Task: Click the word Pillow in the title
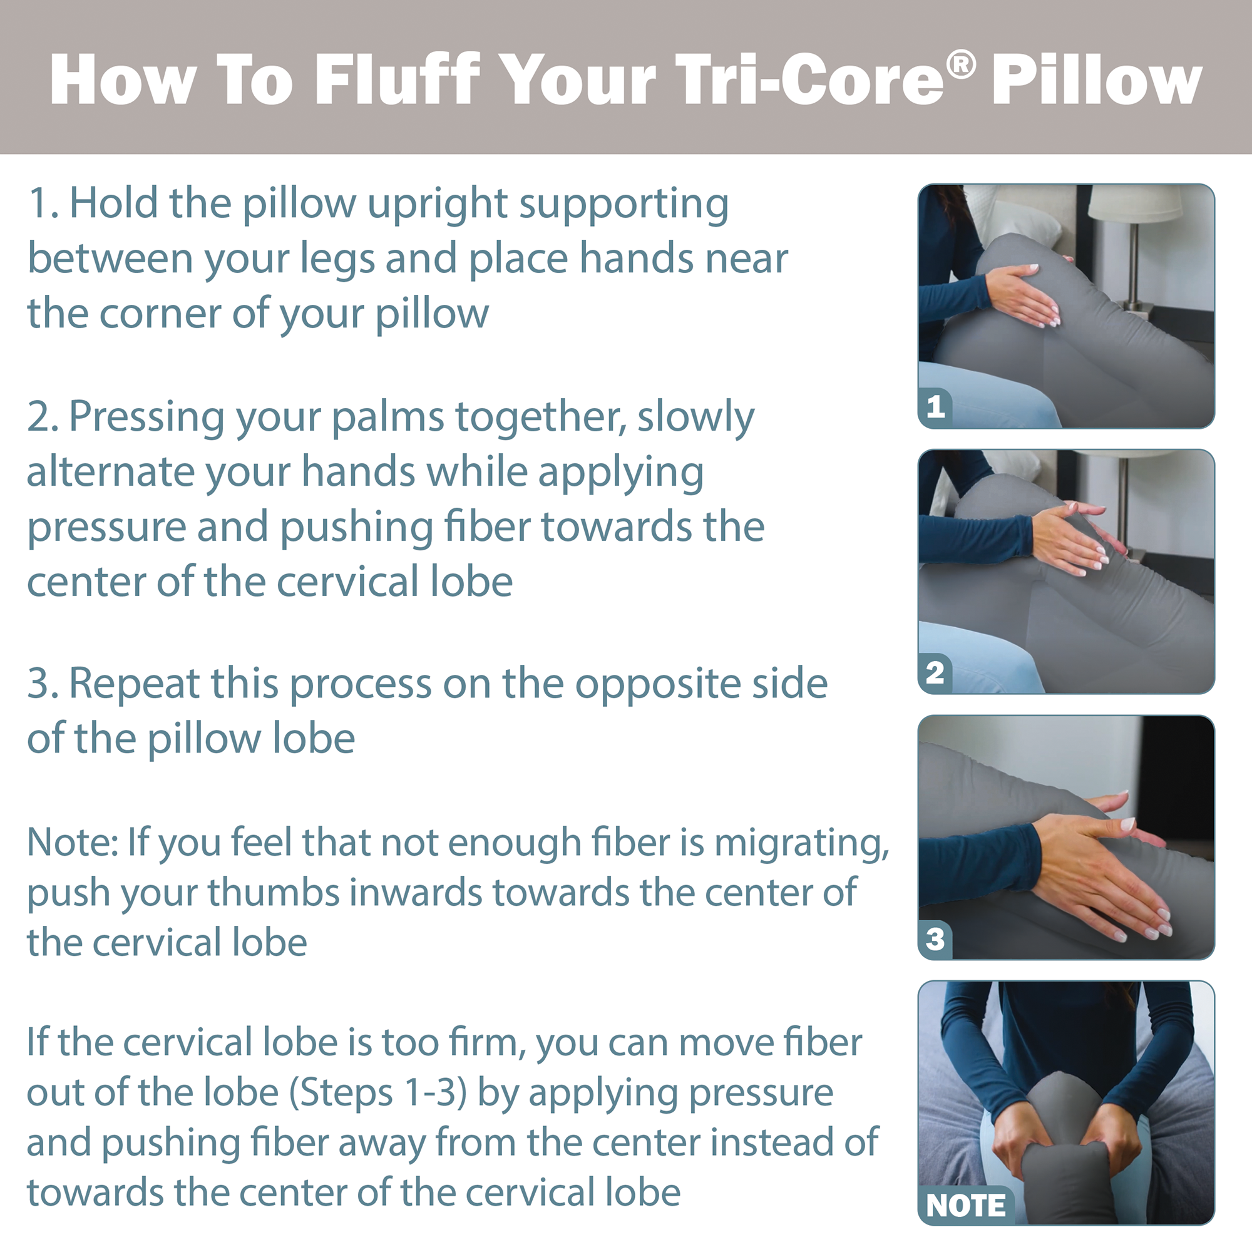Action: (x=1097, y=80)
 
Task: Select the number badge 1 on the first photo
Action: (x=935, y=407)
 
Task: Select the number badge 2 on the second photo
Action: (x=935, y=673)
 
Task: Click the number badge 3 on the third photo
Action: (x=935, y=938)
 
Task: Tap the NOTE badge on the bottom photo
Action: (x=965, y=1205)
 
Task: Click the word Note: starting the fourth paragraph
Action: (x=72, y=843)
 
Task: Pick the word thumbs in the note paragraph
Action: (x=272, y=893)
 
